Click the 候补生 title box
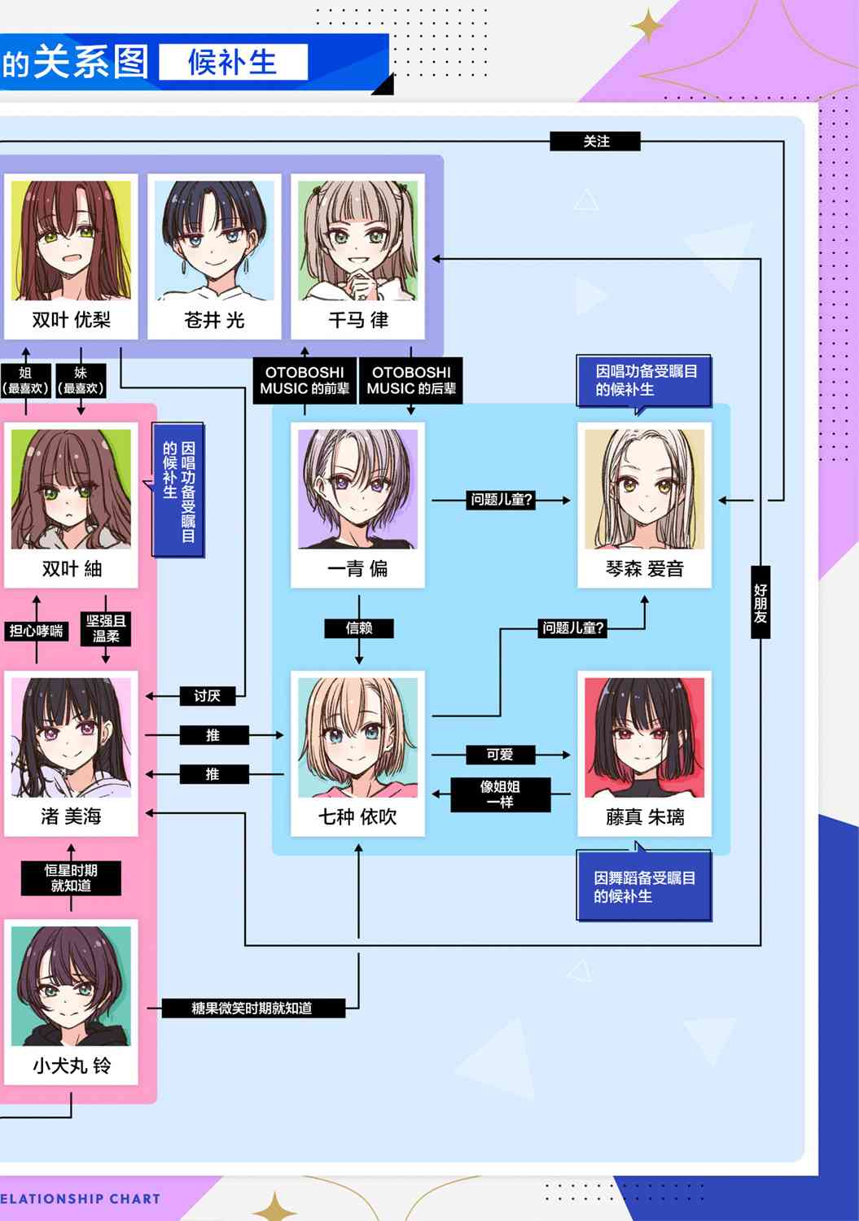pos(234,62)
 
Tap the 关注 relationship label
pos(595,141)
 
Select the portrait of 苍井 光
pos(214,240)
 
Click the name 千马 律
pos(358,320)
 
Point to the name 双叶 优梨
pos(71,320)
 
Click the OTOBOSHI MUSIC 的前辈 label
pos(305,380)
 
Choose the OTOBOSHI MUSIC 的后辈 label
pos(411,380)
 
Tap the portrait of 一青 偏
pos(357,489)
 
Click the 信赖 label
pos(359,628)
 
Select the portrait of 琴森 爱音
pos(645,489)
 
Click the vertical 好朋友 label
pos(760,602)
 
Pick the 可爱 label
pos(500,755)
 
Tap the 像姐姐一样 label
pos(500,794)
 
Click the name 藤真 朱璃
pos(645,816)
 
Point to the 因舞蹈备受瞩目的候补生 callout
pos(644,886)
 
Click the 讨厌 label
pos(208,695)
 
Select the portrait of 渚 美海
pos(71,737)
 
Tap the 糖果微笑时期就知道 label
pos(253,1008)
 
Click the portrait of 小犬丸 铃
pos(71,986)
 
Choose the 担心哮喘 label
pos(37,631)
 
